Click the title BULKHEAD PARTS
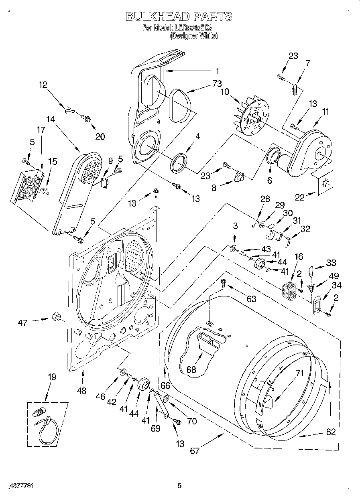(x=179, y=16)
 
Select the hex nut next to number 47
(x=56, y=317)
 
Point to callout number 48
(x=81, y=390)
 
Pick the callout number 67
(x=195, y=450)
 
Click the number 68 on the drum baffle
(x=191, y=369)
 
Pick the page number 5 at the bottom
(x=180, y=486)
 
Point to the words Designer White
(x=194, y=36)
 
